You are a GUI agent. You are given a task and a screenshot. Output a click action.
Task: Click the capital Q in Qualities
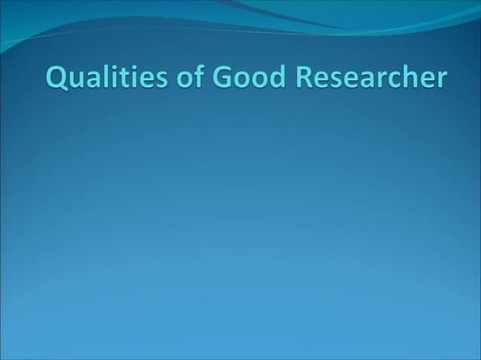pos(58,78)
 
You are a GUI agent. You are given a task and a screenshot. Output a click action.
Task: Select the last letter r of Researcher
pos(443,81)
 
